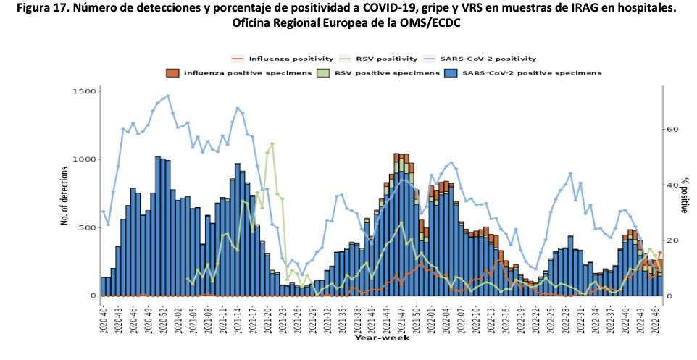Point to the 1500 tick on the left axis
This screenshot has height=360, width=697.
(84, 91)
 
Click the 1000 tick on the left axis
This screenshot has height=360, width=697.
(84, 159)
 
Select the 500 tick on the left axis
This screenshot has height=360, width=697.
(87, 227)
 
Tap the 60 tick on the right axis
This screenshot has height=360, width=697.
(673, 130)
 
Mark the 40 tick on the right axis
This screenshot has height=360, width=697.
(673, 185)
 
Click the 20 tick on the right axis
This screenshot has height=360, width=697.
(673, 240)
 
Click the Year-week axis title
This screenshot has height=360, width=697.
(382, 338)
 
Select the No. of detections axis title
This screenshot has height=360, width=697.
(65, 196)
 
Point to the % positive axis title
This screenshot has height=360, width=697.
(685, 196)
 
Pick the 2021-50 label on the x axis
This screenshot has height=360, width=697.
(416, 319)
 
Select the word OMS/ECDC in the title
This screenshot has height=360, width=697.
(431, 23)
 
